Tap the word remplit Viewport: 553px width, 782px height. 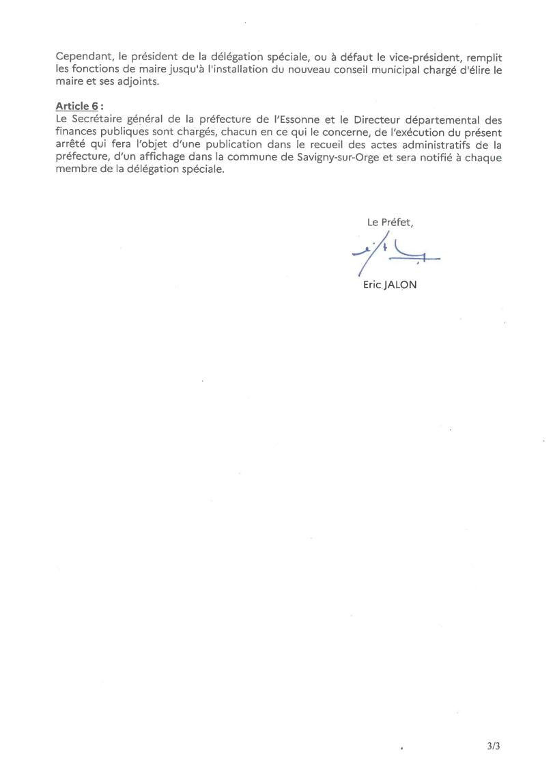[x=474, y=59]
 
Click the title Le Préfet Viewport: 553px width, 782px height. [x=391, y=222]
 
